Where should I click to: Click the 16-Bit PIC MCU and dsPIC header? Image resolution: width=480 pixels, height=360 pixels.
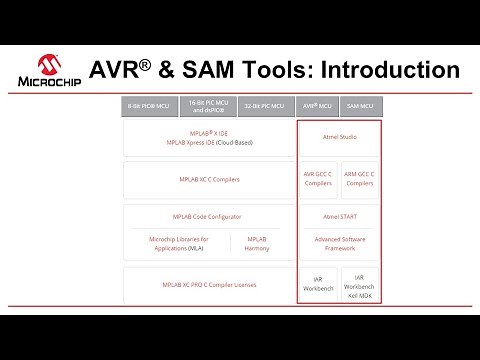(209, 105)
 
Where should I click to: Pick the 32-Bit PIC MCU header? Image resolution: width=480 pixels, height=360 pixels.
(265, 105)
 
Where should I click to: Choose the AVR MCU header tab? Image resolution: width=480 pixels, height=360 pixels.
(317, 105)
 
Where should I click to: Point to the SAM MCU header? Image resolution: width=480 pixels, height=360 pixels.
(360, 105)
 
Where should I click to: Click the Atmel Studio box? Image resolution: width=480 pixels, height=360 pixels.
(339, 138)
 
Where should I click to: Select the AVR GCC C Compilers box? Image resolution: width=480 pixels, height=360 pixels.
(318, 179)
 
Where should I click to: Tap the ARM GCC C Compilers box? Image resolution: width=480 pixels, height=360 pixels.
(360, 179)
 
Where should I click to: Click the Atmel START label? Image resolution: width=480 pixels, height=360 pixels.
(339, 216)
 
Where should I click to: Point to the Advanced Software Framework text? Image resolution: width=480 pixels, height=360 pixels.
(339, 244)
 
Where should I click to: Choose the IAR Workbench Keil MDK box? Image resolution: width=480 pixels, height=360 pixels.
(360, 285)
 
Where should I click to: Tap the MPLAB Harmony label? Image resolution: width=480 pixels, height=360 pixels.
(257, 244)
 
